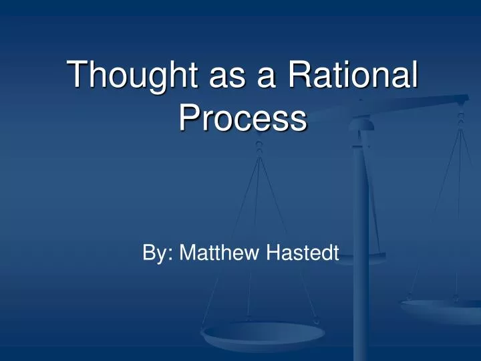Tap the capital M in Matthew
[x=188, y=253]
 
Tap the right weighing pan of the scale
[x=441, y=309]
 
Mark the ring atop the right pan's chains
[x=460, y=118]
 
